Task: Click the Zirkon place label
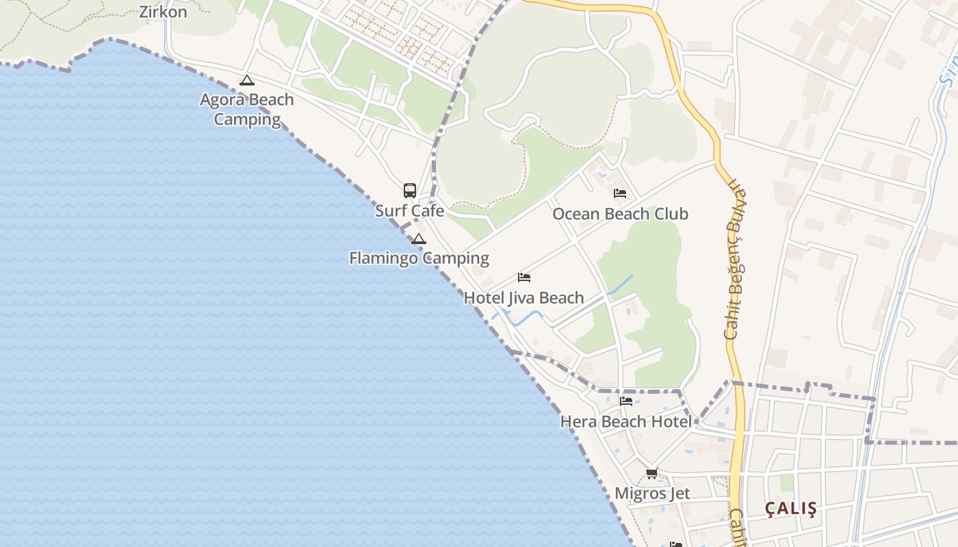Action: (x=163, y=12)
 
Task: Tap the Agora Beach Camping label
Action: (x=247, y=109)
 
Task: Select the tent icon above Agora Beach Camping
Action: (x=247, y=81)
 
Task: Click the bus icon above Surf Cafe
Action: (x=410, y=191)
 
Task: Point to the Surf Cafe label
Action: (x=409, y=211)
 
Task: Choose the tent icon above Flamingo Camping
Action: (x=418, y=239)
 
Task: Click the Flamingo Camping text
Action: (x=419, y=258)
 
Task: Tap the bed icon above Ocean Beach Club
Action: (x=620, y=194)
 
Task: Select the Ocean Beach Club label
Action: (x=620, y=214)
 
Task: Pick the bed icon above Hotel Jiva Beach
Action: (x=524, y=278)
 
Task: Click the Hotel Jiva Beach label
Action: (x=523, y=298)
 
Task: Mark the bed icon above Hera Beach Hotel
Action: (x=626, y=401)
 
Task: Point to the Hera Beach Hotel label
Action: (x=625, y=422)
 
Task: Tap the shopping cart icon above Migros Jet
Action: (x=652, y=473)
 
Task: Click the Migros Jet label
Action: (x=652, y=494)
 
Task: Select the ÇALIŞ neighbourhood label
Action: (x=791, y=509)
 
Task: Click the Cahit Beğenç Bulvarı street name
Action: (x=735, y=260)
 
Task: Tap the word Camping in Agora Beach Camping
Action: (x=247, y=120)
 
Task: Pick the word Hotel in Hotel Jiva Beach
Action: (x=484, y=298)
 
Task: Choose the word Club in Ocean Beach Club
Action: (x=670, y=214)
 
